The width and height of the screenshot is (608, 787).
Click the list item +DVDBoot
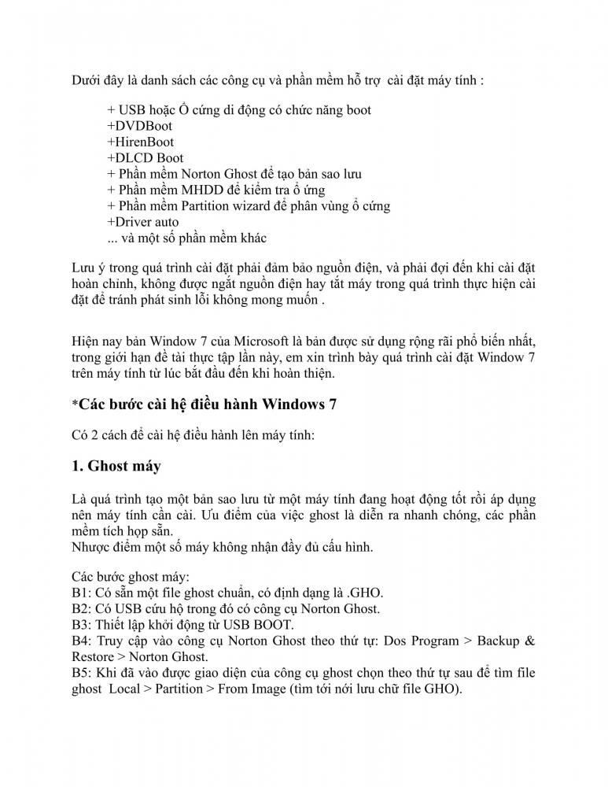click(139, 126)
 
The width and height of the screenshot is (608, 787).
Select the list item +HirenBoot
click(141, 142)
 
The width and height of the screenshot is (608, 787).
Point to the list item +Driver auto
click(143, 222)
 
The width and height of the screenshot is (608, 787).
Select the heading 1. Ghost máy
click(116, 466)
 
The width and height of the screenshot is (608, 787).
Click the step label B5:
click(82, 673)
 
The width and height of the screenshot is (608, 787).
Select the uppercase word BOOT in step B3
click(275, 625)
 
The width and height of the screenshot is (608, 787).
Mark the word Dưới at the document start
click(87, 81)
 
